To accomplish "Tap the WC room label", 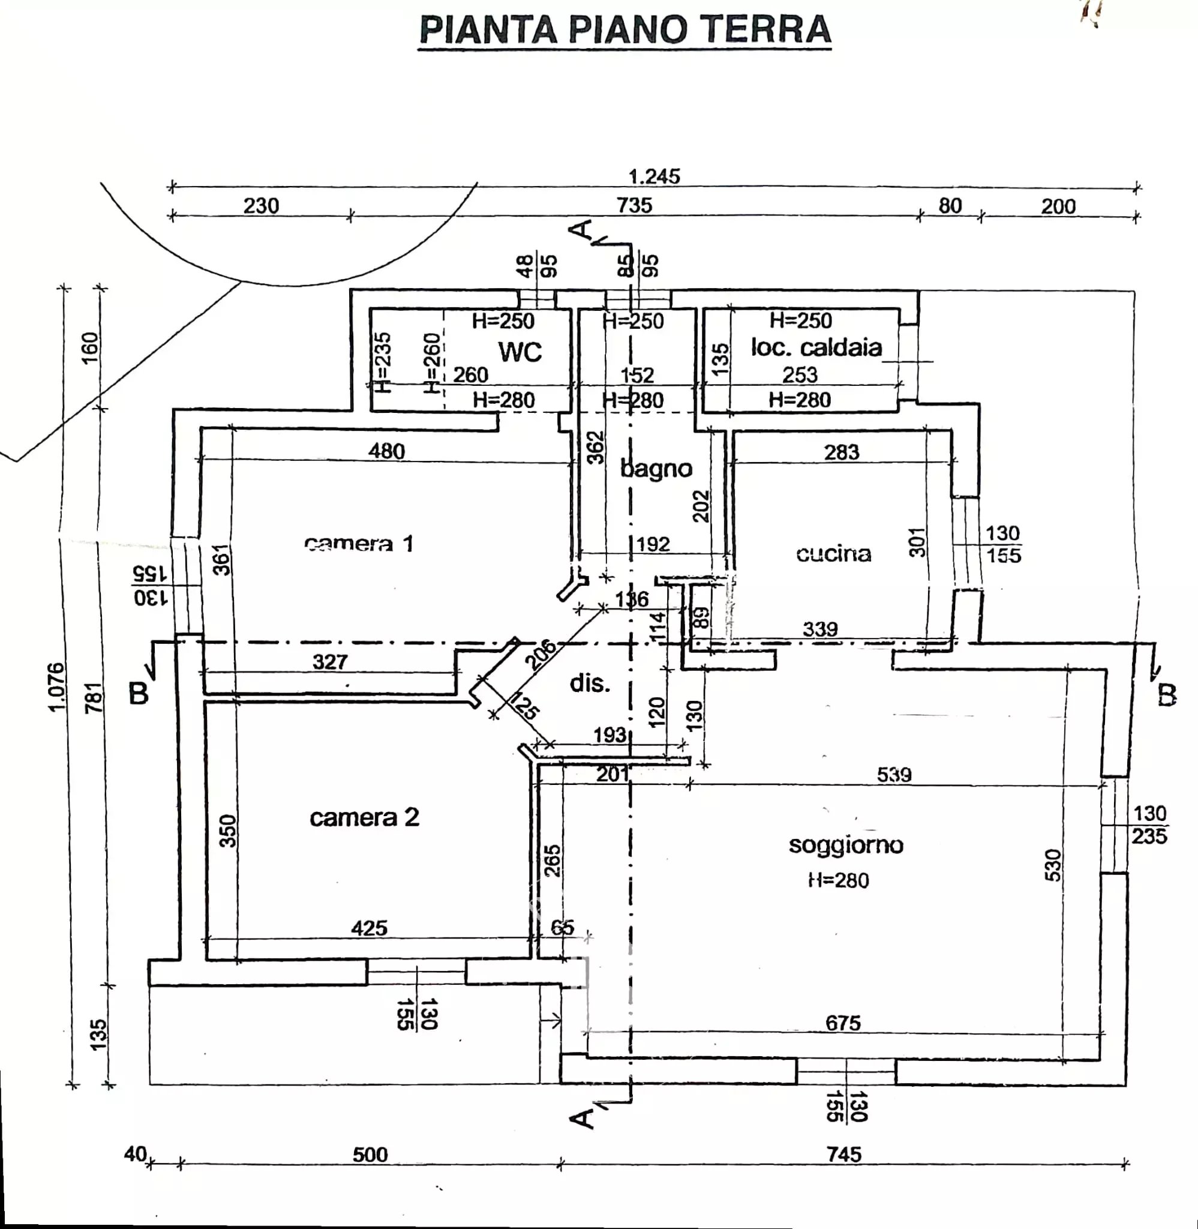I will click(x=520, y=352).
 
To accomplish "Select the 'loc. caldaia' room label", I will click(x=816, y=347).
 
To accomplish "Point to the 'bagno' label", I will click(x=656, y=468).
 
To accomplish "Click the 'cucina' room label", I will click(x=834, y=554).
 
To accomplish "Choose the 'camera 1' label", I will click(x=359, y=543).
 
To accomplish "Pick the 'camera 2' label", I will click(x=364, y=817).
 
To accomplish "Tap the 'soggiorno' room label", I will click(x=846, y=844).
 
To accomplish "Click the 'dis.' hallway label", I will click(x=590, y=683).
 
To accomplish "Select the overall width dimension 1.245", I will click(x=654, y=176).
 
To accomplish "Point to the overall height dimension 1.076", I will click(x=56, y=687).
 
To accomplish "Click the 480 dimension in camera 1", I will click(x=387, y=451).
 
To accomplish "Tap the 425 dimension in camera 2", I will click(x=370, y=928).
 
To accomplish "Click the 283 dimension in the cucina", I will click(x=841, y=452).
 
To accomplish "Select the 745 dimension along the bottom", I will click(x=844, y=1155).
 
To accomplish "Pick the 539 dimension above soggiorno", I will click(x=894, y=775).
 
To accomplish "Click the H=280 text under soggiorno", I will click(x=839, y=880).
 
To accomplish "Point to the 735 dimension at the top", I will click(x=634, y=206).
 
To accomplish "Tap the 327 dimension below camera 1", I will click(x=330, y=661).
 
